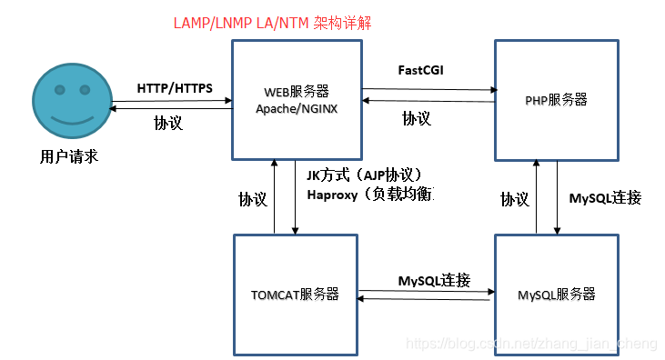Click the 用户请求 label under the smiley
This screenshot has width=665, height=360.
68,157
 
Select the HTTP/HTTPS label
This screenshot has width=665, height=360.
175,88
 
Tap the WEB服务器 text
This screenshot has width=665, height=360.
296,92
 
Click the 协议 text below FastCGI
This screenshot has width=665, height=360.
417,118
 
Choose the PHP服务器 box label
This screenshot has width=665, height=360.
557,100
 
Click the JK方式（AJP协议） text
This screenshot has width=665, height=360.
365,175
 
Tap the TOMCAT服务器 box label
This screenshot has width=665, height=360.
295,294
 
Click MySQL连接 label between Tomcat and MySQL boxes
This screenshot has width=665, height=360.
434,280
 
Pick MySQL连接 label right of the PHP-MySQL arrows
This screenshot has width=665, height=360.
605,197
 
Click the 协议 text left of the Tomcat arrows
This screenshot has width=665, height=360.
253,199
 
